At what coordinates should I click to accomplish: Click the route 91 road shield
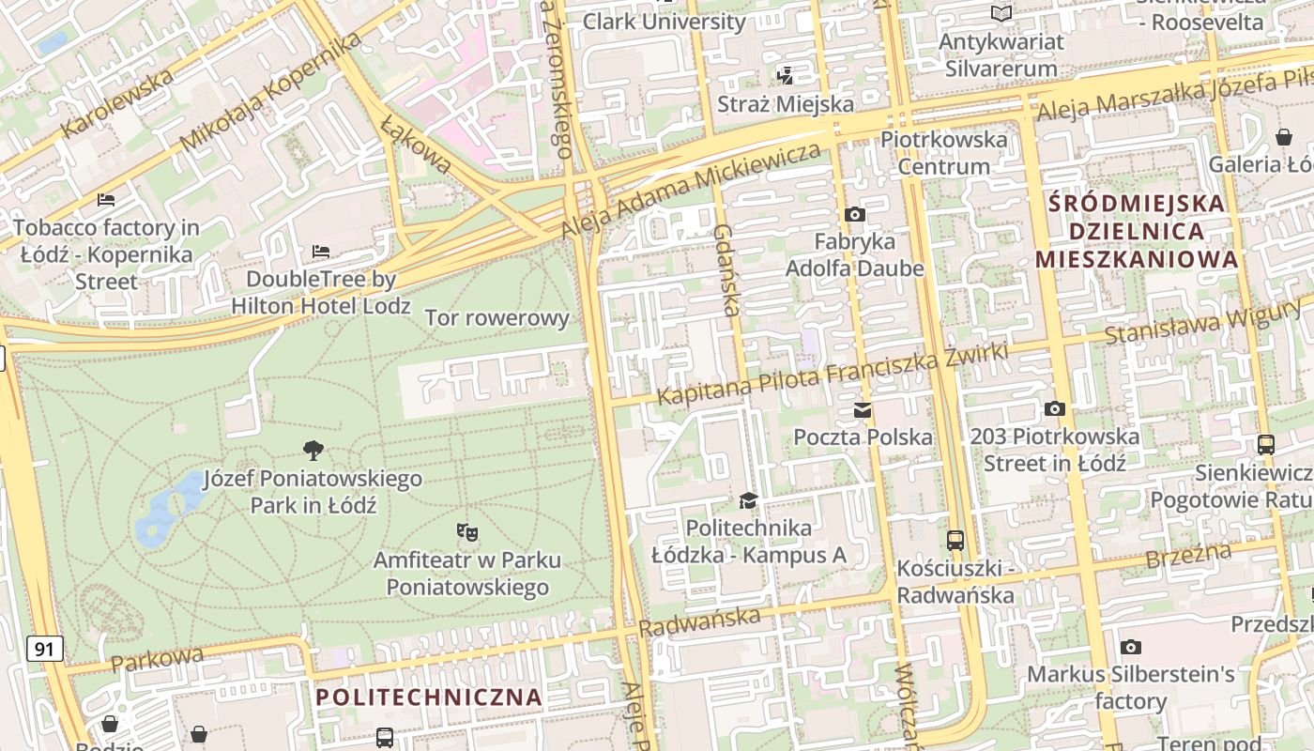coord(45,648)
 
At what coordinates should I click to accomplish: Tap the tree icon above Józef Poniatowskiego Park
coord(313,451)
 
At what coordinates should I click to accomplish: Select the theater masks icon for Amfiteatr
coord(466,532)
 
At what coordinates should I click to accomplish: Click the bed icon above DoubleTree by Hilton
coord(321,252)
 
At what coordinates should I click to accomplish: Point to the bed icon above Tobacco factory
coord(106,199)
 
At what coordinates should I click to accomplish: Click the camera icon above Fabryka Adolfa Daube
coord(854,214)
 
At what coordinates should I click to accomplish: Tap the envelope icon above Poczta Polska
coord(863,409)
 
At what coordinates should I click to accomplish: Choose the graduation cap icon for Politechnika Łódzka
coord(748,500)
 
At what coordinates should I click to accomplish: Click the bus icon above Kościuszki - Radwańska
coord(955,541)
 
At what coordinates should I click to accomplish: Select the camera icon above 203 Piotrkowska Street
coord(1055,408)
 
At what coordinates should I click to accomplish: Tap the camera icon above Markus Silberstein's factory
coord(1130,647)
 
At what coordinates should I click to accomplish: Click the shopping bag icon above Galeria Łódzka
coord(1284,137)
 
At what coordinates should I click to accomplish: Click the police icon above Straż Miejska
coord(785,75)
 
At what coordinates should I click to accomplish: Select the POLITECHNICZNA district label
coord(429,697)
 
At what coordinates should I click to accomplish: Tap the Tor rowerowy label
coord(497,317)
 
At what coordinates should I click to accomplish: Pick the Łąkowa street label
coord(416,146)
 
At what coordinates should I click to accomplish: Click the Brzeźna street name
coord(1188,556)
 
